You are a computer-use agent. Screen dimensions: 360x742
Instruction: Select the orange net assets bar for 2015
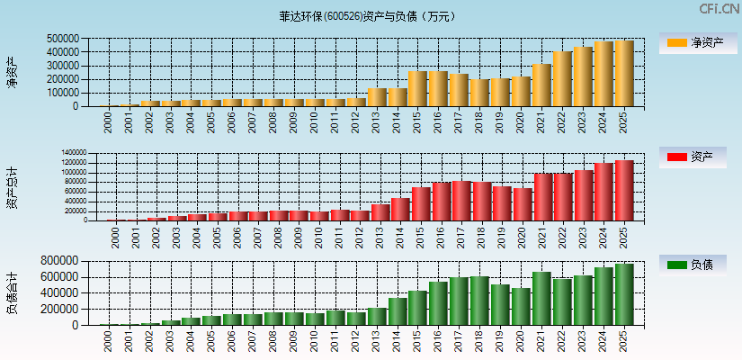tap(417, 89)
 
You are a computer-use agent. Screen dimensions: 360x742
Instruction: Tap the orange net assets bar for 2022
tap(562, 79)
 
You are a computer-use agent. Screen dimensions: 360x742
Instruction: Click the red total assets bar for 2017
tap(460, 201)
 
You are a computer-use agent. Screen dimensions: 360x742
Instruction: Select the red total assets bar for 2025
tap(624, 191)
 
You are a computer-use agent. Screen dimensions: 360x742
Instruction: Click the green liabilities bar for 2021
tap(541, 299)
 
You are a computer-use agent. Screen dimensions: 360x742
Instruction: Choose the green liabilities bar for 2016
tap(438, 303)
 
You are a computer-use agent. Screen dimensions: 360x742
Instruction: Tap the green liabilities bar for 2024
tap(603, 296)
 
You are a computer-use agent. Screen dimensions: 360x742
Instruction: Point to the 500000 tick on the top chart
tap(62, 39)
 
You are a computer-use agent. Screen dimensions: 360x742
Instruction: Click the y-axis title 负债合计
tap(13, 292)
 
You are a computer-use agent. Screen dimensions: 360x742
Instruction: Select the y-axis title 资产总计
tap(13, 188)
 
